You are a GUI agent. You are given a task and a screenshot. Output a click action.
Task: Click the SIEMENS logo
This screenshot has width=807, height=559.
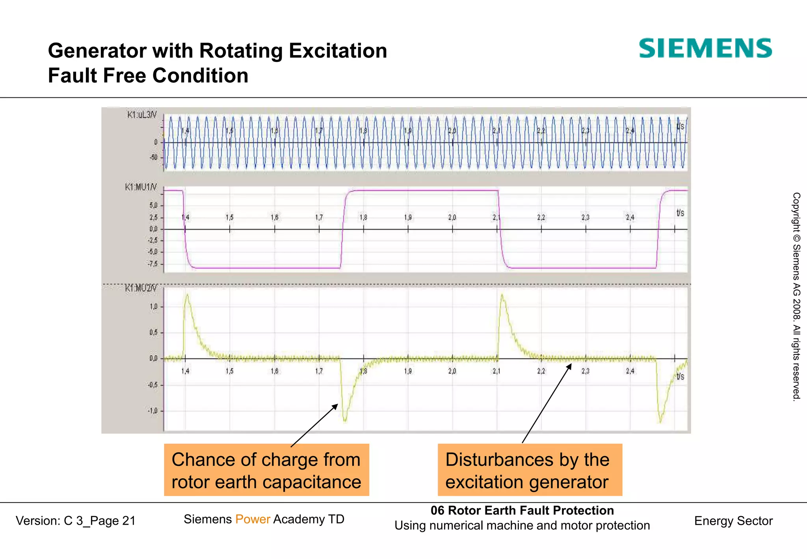point(705,48)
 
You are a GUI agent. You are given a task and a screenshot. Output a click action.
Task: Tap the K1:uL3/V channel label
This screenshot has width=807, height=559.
point(141,115)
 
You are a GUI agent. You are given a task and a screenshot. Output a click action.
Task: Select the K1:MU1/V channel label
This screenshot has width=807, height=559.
point(141,187)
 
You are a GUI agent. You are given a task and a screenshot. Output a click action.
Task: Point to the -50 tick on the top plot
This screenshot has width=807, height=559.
point(153,157)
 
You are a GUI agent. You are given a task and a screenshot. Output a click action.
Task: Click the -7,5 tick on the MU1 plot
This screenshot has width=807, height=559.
point(152,264)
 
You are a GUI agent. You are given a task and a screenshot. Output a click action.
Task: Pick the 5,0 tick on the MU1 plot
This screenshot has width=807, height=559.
point(153,205)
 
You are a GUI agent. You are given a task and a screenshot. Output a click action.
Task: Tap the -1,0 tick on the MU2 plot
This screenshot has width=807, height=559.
point(152,411)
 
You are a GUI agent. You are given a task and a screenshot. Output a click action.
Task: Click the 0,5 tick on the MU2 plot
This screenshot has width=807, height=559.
point(153,332)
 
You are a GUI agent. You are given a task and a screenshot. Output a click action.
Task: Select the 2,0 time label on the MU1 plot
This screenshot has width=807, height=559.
point(452,217)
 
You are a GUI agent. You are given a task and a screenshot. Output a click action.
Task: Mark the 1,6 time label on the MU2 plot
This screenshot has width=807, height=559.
point(274,371)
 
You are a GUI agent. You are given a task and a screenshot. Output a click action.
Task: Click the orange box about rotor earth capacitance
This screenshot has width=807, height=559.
point(266,470)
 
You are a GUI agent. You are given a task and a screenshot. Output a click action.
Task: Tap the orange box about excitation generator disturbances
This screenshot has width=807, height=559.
point(530,470)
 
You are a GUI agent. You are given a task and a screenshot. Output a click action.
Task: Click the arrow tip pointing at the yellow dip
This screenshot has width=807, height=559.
point(337,405)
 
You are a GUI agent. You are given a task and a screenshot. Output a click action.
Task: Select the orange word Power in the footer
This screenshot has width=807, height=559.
point(253,519)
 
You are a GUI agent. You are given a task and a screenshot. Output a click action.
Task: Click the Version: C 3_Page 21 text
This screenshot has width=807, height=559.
point(75,521)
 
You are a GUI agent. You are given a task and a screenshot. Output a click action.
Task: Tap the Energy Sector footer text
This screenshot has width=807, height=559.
point(733,521)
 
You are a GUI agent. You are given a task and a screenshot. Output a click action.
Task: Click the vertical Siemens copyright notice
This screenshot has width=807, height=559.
point(796,296)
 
